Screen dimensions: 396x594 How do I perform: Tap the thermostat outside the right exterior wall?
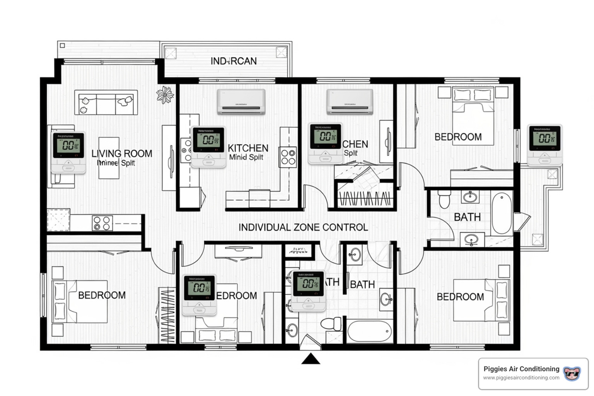[544, 145]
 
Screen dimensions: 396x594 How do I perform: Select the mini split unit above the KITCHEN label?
[241, 102]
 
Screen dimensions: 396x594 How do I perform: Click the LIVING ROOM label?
[122, 154]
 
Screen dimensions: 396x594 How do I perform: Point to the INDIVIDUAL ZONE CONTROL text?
[303, 227]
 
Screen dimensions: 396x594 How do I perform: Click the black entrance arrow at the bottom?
[311, 359]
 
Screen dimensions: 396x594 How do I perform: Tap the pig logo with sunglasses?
[572, 374]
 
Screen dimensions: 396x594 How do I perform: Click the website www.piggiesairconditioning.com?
[521, 378]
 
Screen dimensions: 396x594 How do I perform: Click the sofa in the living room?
[106, 102]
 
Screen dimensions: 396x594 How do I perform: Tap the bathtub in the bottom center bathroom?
[370, 331]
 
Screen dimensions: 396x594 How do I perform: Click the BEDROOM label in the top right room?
[458, 137]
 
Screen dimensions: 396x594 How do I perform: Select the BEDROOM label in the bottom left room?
[102, 295]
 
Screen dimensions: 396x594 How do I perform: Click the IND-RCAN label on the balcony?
[233, 61]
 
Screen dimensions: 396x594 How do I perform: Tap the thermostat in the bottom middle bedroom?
[199, 295]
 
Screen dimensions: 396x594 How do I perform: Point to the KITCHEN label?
[248, 148]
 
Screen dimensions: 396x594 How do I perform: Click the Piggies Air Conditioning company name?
[521, 369]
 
